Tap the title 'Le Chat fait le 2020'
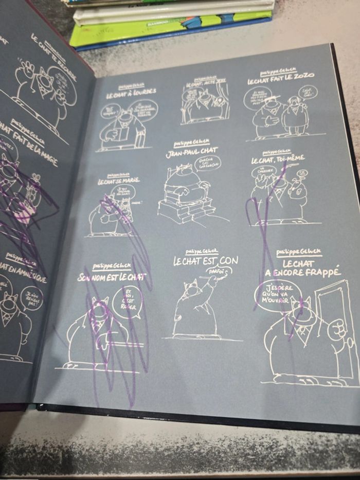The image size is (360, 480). [x=281, y=80]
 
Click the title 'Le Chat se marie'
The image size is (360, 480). [x=119, y=181]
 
